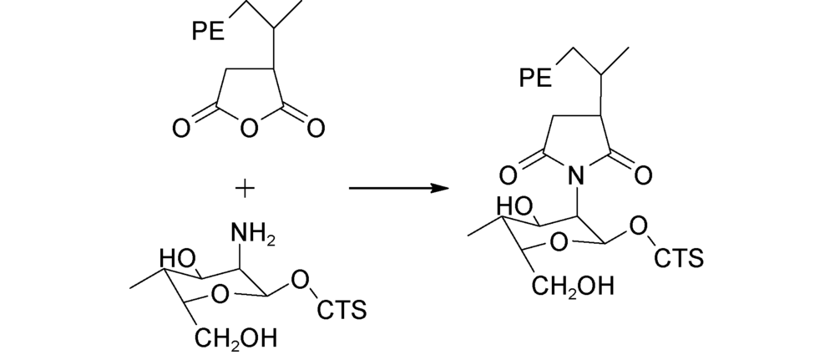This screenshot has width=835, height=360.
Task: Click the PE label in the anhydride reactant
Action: point(208,32)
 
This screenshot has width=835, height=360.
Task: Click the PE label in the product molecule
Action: point(536,78)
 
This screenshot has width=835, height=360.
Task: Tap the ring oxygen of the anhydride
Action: point(249,128)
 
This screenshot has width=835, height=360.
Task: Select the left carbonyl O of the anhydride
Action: point(180,129)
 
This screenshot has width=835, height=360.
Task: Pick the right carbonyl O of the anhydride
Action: point(316,129)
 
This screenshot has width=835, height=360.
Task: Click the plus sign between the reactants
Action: point(245,189)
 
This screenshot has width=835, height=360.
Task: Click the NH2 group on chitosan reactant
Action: point(253,235)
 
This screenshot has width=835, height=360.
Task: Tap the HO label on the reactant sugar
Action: point(178,259)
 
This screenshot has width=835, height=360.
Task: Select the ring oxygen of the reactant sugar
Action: point(220,293)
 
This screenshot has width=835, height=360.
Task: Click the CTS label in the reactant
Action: point(342,309)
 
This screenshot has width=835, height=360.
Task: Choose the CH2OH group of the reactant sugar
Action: point(235,338)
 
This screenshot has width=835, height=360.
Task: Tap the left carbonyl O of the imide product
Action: point(508,175)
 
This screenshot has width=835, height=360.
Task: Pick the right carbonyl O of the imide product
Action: point(643,175)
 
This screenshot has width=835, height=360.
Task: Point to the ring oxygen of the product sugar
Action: point(558,241)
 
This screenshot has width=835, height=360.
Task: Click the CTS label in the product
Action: point(679,258)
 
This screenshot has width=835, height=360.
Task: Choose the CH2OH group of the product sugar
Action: point(573,286)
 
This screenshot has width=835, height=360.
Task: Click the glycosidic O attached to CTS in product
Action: point(638,226)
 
